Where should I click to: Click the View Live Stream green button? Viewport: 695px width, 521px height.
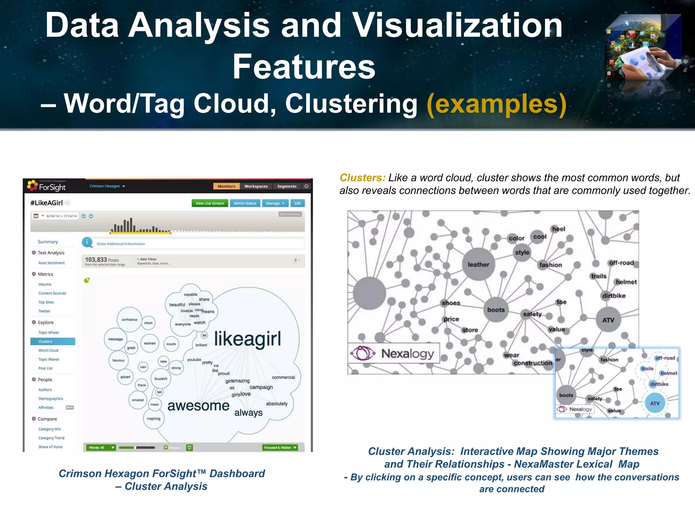tap(209, 203)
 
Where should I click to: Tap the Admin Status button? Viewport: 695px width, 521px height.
tap(245, 203)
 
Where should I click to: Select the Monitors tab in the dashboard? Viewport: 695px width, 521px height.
tap(226, 186)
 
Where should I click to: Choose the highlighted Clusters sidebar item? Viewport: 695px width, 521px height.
tap(53, 342)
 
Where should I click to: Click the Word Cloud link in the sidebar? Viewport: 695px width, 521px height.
tap(48, 350)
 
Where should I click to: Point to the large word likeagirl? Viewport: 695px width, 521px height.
tap(248, 339)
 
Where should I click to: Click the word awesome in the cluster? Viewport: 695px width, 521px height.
tap(199, 406)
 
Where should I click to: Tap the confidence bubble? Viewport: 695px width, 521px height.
tap(129, 320)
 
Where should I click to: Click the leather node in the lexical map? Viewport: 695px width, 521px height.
tap(478, 265)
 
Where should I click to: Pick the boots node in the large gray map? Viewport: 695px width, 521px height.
tap(496, 310)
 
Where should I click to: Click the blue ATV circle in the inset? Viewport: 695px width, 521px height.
tap(655, 403)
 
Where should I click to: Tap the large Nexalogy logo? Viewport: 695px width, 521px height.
tap(394, 353)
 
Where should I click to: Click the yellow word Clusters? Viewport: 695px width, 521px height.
tap(362, 178)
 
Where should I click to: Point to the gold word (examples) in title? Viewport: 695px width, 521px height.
tap(496, 104)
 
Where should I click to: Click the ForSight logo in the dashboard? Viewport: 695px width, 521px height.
tap(47, 186)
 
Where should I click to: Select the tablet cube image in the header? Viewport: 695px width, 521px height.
tap(643, 47)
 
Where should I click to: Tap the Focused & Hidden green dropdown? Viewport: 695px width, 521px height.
tap(280, 447)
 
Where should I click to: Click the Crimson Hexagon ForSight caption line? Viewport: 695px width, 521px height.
tap(162, 474)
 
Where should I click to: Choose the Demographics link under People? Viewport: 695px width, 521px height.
tap(51, 399)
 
